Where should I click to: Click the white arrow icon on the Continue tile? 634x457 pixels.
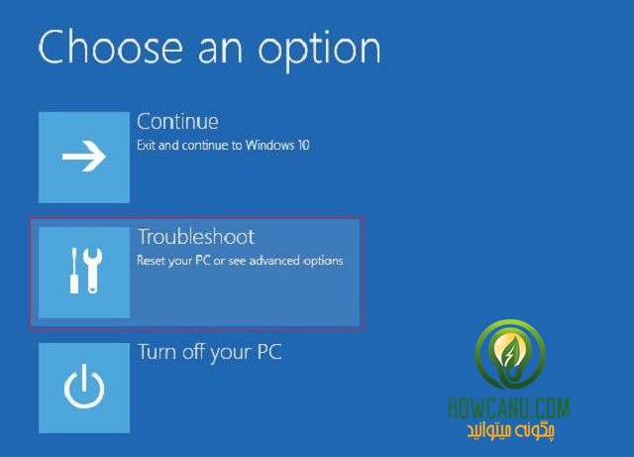pos(83,157)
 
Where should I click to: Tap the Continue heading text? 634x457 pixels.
pos(177,121)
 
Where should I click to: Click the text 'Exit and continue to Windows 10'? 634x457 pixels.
pos(223,145)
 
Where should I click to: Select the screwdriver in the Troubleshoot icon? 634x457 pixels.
pos(74,271)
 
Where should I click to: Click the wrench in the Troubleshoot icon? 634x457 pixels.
pos(93,271)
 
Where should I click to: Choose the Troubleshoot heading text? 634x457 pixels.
pos(196,236)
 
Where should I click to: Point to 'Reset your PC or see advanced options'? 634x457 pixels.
pos(240,261)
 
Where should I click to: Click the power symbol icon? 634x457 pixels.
pos(84,387)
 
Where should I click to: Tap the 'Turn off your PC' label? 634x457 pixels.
pos(209,353)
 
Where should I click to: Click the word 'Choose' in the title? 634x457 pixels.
pos(110,48)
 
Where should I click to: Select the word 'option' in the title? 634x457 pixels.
pos(319,52)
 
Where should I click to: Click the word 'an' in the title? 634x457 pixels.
pos(220,52)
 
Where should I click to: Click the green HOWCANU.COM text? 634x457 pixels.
pos(509,408)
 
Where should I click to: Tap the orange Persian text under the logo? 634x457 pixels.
pos(511,430)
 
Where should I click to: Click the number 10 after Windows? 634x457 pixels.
pos(303,145)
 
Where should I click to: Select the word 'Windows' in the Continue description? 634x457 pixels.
pos(269,145)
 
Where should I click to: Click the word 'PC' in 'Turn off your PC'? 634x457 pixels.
pos(269,352)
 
